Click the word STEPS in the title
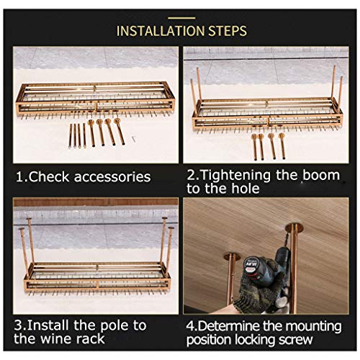(x=228, y=31)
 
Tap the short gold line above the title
(x=181, y=18)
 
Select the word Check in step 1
(x=49, y=177)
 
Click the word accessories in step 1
(x=112, y=177)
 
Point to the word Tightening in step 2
(x=235, y=175)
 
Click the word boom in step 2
(x=321, y=175)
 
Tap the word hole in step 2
(x=246, y=189)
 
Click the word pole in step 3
(x=114, y=326)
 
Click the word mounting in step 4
(x=314, y=327)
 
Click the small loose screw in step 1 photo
(x=133, y=138)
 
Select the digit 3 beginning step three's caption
(x=19, y=325)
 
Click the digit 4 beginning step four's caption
(x=190, y=326)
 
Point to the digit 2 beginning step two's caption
(x=192, y=175)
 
